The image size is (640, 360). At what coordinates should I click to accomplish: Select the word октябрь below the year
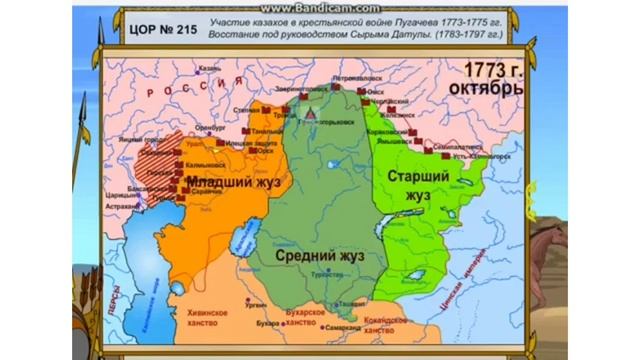[x=485, y=89]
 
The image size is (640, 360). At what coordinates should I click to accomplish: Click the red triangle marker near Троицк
[x=311, y=117]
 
